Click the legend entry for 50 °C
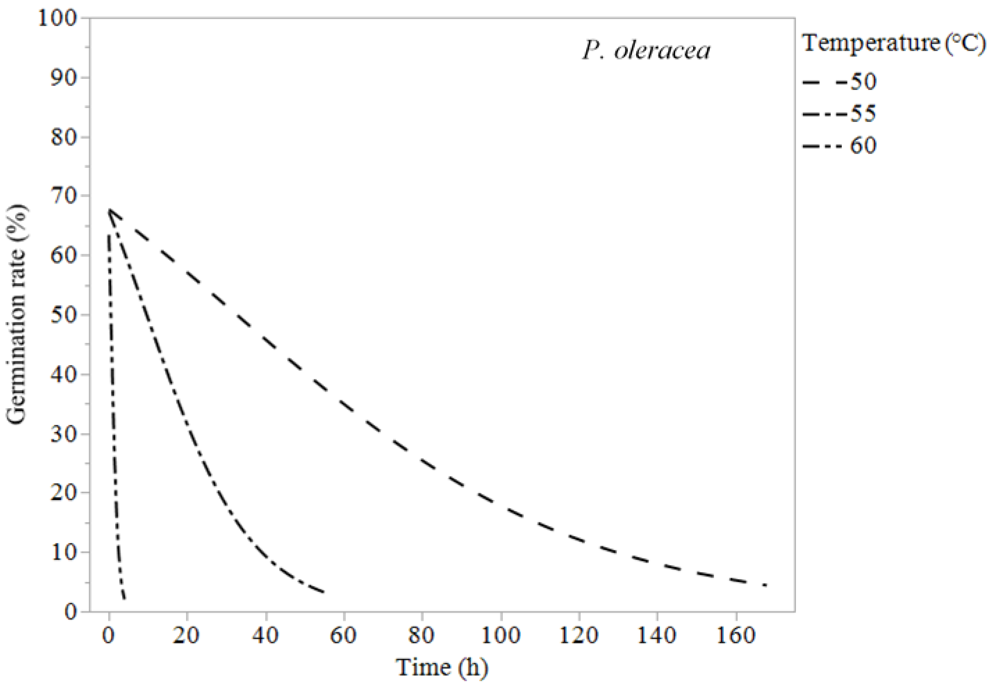[840, 82]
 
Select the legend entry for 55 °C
[840, 114]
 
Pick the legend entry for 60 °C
[840, 146]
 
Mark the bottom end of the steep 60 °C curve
[124, 598]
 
